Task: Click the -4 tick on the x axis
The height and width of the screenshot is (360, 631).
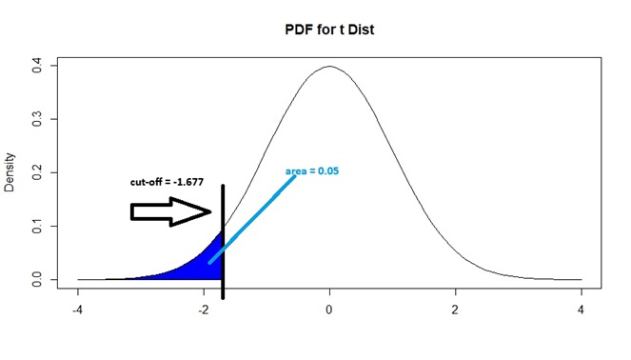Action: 78,310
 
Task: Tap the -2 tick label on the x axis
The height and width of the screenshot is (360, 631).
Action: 204,310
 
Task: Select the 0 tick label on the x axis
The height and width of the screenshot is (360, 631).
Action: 329,310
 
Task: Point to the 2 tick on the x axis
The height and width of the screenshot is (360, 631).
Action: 455,310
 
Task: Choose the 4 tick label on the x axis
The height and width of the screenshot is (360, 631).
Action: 581,310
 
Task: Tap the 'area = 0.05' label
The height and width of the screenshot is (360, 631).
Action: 312,171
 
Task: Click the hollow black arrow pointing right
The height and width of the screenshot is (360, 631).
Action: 169,211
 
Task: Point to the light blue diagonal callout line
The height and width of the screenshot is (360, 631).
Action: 252,218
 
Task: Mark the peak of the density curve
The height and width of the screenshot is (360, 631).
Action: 329,67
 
